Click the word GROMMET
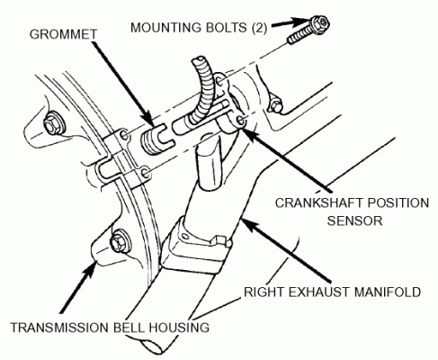(63, 34)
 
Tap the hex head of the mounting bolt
(320, 22)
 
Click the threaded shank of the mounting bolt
(299, 35)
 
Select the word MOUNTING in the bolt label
(166, 28)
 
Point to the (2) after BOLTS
(259, 28)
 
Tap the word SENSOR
(354, 221)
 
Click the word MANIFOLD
(389, 292)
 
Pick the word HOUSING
(179, 328)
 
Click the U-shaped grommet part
(157, 138)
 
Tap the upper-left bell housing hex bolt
(54, 123)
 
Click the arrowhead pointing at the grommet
(150, 120)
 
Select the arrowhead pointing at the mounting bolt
(302, 22)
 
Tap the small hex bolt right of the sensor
(275, 105)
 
